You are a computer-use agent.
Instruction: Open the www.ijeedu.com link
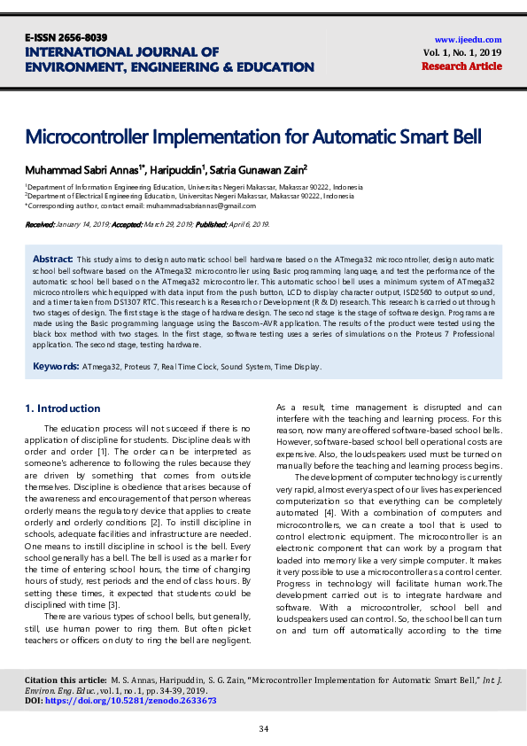pyautogui.click(x=468, y=39)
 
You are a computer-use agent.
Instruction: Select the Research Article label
pyautogui.click(x=468, y=66)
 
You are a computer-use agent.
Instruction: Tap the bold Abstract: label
pyautogui.click(x=52, y=257)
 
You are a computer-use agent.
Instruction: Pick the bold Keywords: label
pyautogui.click(x=56, y=366)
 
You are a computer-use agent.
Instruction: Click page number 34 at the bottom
pyautogui.click(x=263, y=728)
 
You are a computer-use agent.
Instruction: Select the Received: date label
pyautogui.click(x=41, y=226)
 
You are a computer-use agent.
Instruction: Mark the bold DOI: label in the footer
pyautogui.click(x=34, y=700)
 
